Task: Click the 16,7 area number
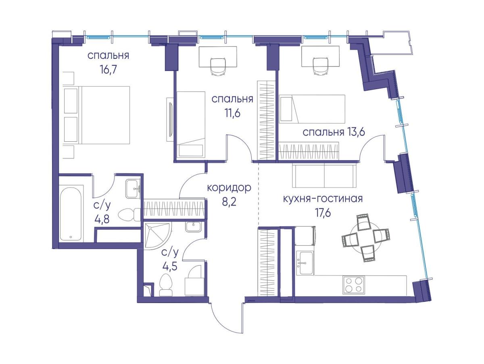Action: [108, 70]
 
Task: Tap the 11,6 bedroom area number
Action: [232, 114]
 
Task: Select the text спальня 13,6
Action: [334, 132]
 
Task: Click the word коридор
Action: [229, 188]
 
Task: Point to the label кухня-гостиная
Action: [323, 199]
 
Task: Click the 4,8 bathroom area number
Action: [102, 219]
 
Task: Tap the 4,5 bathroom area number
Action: [170, 266]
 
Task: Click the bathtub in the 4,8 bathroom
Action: [71, 214]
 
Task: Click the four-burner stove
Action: [353, 285]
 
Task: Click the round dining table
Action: [365, 238]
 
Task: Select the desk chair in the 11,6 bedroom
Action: [218, 67]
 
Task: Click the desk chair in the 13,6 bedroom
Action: [320, 67]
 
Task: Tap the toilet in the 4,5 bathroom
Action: [166, 285]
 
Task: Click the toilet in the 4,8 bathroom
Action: [129, 214]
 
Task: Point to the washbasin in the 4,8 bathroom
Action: [133, 189]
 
